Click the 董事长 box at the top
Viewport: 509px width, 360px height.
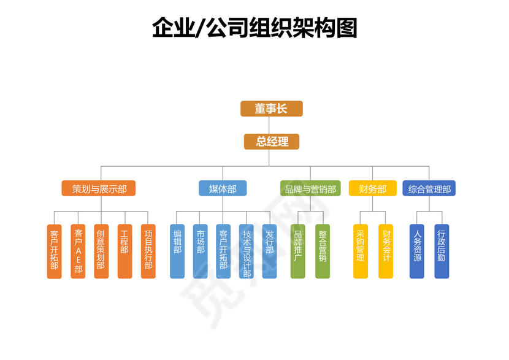click(271, 109)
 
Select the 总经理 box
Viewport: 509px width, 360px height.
click(271, 142)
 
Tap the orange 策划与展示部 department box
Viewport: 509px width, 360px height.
click(99, 188)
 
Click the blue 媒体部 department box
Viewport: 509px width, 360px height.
click(223, 188)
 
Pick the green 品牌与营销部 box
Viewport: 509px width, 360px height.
click(310, 188)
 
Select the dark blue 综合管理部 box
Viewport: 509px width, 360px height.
click(429, 188)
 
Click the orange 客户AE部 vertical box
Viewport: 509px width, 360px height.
click(78, 251)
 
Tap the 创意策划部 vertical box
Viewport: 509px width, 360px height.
click(101, 251)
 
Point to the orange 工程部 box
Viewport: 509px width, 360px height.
click(124, 251)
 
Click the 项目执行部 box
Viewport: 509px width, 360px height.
click(148, 251)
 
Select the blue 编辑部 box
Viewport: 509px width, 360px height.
click(177, 251)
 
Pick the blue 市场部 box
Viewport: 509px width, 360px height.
click(200, 251)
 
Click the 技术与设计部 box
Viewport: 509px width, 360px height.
click(246, 251)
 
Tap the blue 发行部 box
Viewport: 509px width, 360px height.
click(269, 251)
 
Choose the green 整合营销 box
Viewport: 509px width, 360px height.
click(323, 251)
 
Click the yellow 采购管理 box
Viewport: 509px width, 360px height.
click(361, 251)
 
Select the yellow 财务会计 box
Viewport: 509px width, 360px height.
click(386, 251)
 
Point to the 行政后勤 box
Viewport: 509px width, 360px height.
click(442, 251)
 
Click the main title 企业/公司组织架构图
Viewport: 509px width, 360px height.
click(255, 28)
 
